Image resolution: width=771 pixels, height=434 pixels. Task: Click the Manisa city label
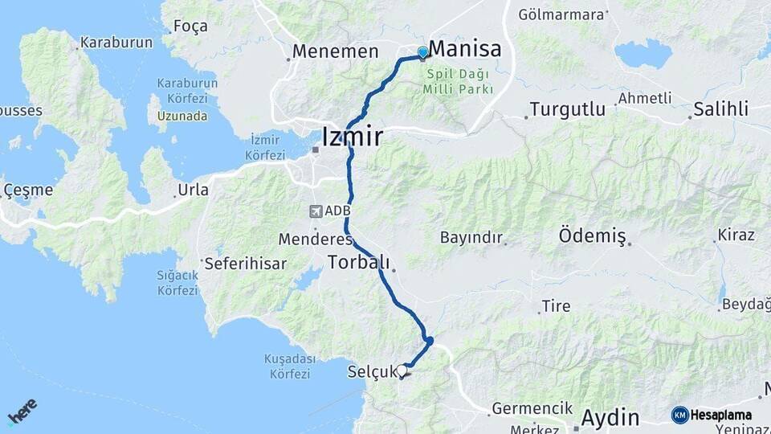coord(465,50)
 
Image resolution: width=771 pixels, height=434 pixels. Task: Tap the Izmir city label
coord(352,137)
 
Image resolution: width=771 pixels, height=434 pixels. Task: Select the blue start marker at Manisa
coord(423,53)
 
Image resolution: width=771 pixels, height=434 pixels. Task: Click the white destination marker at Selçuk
coord(402,370)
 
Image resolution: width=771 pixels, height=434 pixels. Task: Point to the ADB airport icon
coord(316,211)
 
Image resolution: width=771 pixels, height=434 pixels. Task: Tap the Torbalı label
coord(358,262)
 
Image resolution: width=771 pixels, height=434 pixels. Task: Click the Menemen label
coord(335,51)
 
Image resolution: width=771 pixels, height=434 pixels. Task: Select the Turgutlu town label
coord(568,109)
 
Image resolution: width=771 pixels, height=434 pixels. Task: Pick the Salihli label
coord(721,109)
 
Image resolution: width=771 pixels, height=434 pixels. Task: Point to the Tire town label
coord(556,305)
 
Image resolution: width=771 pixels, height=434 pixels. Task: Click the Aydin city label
coord(610,418)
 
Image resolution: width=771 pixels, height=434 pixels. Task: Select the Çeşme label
coord(28,190)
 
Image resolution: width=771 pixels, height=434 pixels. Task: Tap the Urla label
coord(194,190)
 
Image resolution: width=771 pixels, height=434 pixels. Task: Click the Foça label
coord(190,26)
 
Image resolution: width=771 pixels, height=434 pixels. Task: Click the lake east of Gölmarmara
coord(642,55)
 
